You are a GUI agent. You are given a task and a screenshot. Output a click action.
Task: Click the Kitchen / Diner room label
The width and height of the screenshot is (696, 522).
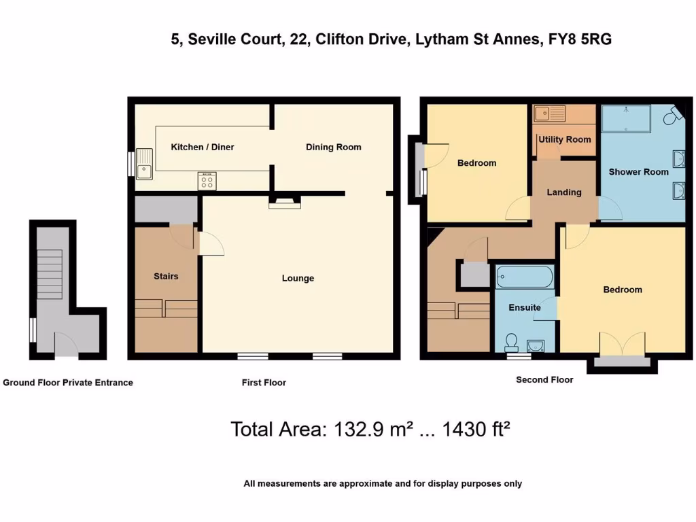tap(202, 147)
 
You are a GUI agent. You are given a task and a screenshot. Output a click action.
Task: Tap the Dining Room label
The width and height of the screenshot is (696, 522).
tap(333, 147)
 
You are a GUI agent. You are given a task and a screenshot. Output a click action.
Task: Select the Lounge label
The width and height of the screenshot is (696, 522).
tap(298, 278)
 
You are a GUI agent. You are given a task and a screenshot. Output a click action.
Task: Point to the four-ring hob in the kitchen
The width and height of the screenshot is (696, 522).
tap(207, 181)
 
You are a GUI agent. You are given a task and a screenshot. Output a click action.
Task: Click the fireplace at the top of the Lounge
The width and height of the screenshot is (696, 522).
tap(283, 201)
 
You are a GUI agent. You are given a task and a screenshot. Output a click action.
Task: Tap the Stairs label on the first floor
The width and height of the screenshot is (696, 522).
tap(166, 276)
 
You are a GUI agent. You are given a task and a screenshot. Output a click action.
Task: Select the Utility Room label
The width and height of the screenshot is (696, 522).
tap(564, 139)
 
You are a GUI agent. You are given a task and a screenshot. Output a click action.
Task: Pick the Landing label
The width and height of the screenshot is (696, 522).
tap(564, 192)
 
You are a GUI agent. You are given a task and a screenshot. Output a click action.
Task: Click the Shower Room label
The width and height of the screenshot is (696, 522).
tap(638, 172)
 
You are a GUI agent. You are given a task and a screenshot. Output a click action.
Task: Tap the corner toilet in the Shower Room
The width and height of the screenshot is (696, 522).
tap(673, 117)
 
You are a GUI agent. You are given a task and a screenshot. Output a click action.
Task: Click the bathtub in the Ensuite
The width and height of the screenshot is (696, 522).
tap(525, 277)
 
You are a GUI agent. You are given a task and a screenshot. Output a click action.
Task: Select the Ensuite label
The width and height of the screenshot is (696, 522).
tap(525, 307)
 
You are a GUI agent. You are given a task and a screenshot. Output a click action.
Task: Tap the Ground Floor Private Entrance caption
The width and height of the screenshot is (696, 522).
tap(68, 383)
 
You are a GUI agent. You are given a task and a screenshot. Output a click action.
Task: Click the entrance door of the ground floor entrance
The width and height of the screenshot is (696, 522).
tap(66, 345)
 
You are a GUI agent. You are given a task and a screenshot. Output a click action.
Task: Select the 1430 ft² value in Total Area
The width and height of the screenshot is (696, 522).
tap(476, 430)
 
